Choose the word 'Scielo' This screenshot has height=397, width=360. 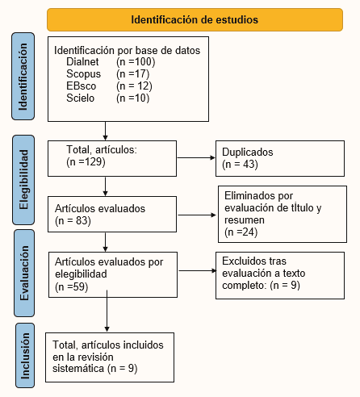click(x=82, y=98)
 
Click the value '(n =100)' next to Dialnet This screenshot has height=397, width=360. click(x=135, y=61)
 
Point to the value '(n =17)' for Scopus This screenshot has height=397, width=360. click(x=132, y=73)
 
